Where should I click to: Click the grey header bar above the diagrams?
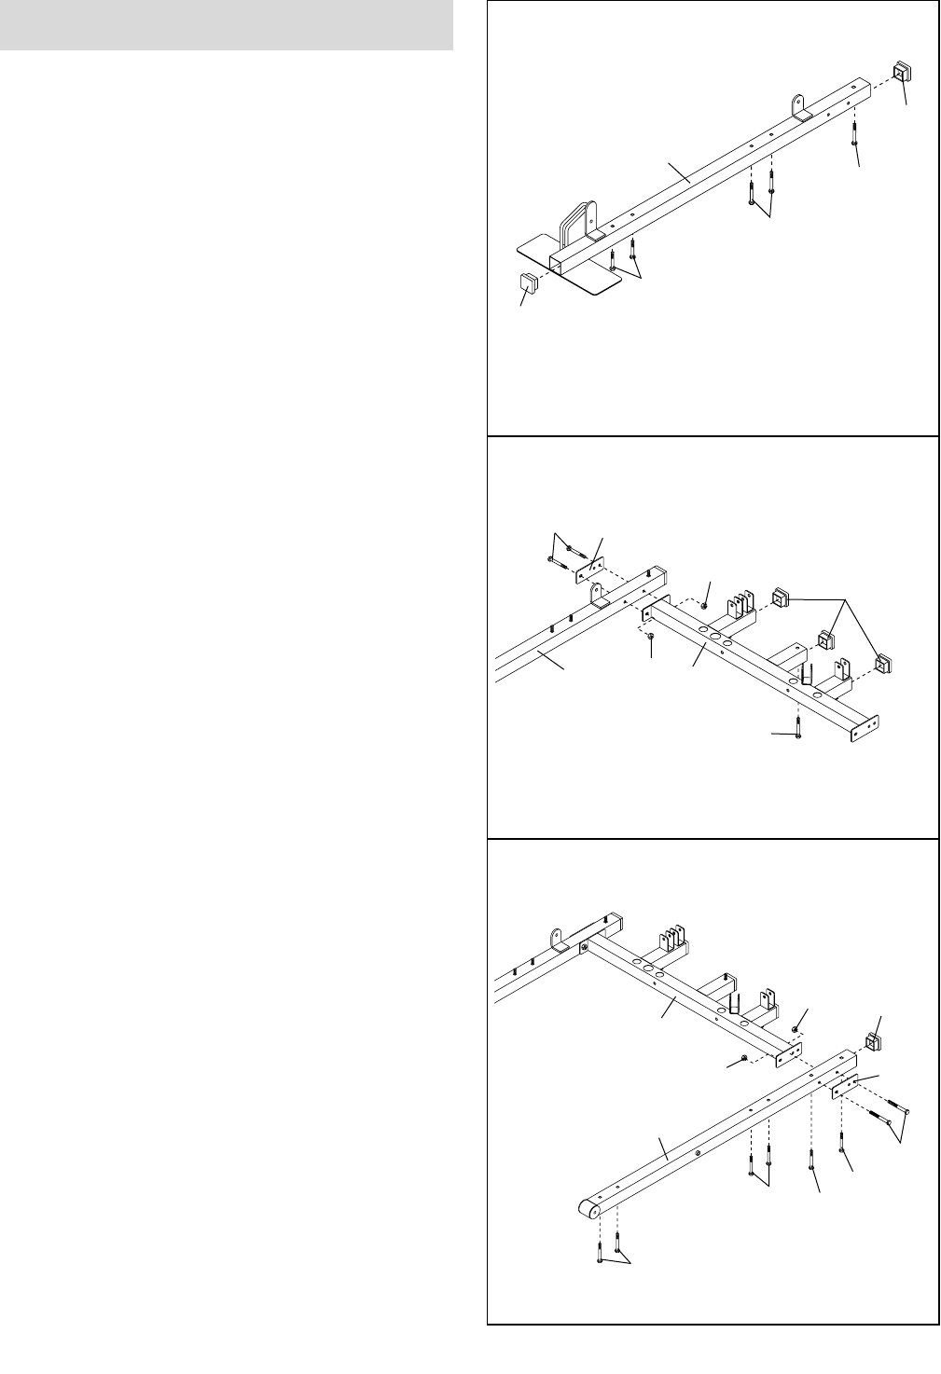227,24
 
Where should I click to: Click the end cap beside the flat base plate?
526,282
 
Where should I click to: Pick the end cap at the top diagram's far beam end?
903,73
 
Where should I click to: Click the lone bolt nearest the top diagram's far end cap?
854,132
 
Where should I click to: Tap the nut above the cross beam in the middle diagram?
704,606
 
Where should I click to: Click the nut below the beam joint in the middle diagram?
650,637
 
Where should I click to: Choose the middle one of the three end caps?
825,640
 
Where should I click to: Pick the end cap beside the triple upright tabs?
781,598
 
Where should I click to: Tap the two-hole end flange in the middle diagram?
867,730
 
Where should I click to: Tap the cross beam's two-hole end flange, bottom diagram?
789,1052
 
